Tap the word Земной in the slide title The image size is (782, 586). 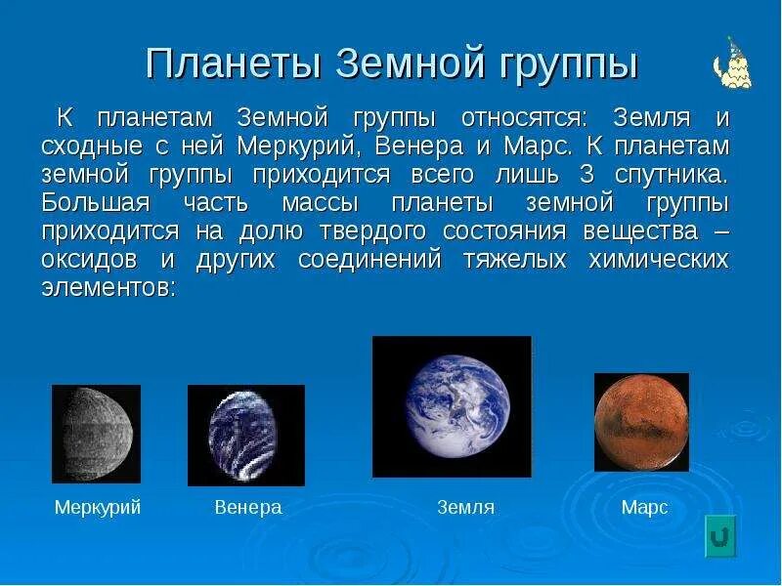point(411,63)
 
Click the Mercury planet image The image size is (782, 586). point(96,434)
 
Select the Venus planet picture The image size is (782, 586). point(246,435)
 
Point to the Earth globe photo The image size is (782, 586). point(452,406)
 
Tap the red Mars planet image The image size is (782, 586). point(642,422)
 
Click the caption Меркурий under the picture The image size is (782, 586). point(98,508)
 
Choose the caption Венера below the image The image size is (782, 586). point(248,507)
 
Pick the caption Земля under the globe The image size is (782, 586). point(466,507)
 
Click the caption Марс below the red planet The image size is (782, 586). point(644,508)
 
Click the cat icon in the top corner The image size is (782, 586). point(732,63)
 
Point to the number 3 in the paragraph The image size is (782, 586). point(587,175)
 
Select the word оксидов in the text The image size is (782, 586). point(89,260)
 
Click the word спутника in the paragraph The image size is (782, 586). point(672,176)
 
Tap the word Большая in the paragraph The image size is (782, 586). point(96,203)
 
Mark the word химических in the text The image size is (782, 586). point(658,260)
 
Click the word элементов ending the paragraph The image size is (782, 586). point(109,288)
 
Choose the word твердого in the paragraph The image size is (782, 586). point(372,231)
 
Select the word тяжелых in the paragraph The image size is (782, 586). point(515,260)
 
